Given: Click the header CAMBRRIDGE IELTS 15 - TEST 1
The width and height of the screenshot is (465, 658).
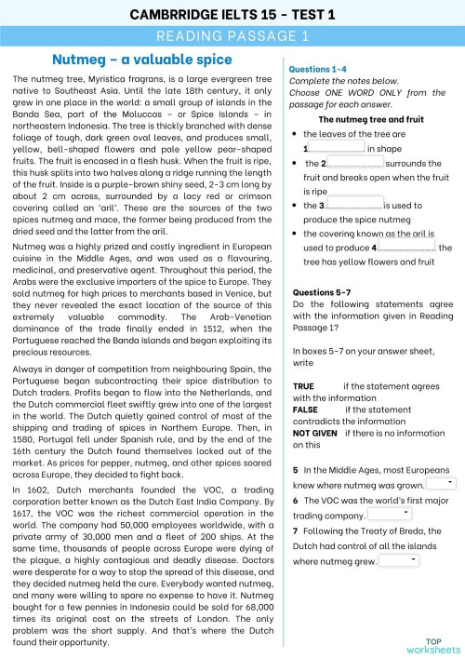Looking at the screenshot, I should coord(232,14).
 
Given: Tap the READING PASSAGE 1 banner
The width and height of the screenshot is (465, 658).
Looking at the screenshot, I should coord(232,36).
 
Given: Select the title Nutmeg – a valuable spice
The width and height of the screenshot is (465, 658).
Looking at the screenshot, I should coord(142,60).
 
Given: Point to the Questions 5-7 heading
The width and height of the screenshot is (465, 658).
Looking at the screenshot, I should coord(322,291).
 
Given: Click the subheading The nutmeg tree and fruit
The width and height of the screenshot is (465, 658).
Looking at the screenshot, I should coord(370,120).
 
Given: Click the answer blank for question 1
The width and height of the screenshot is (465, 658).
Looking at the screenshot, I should coord(336,148).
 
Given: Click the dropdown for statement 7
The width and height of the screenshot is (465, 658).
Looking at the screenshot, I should coord(400,560).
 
